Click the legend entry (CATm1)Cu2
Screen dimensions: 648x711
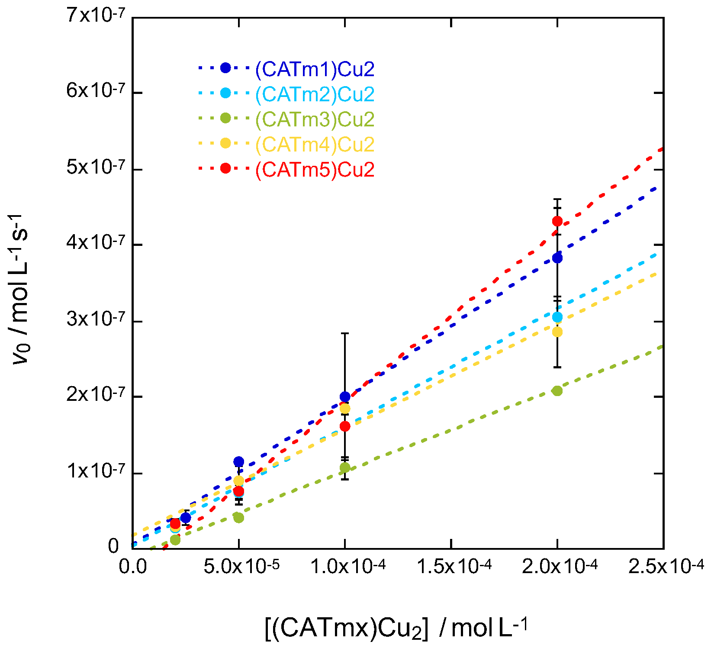tap(315, 69)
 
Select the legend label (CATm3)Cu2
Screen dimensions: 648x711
tap(315, 119)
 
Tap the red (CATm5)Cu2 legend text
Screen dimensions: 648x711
tap(315, 170)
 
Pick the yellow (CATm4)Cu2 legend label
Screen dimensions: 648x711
tap(315, 145)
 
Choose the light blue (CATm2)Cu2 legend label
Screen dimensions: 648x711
tap(315, 94)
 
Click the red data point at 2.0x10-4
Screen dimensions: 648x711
tap(557, 221)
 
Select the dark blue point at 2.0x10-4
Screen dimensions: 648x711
tap(557, 258)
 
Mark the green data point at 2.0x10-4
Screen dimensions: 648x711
tap(557, 391)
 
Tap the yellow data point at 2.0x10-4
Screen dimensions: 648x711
tap(557, 332)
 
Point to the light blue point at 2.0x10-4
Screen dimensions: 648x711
tap(557, 317)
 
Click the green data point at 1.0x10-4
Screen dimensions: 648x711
tap(345, 467)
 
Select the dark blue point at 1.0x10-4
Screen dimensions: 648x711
tap(345, 397)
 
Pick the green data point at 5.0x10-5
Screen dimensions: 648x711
tap(238, 518)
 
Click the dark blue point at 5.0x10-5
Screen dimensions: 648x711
tap(238, 461)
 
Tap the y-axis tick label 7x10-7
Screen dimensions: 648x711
tap(95, 16)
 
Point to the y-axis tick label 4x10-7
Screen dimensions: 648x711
tap(95, 243)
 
